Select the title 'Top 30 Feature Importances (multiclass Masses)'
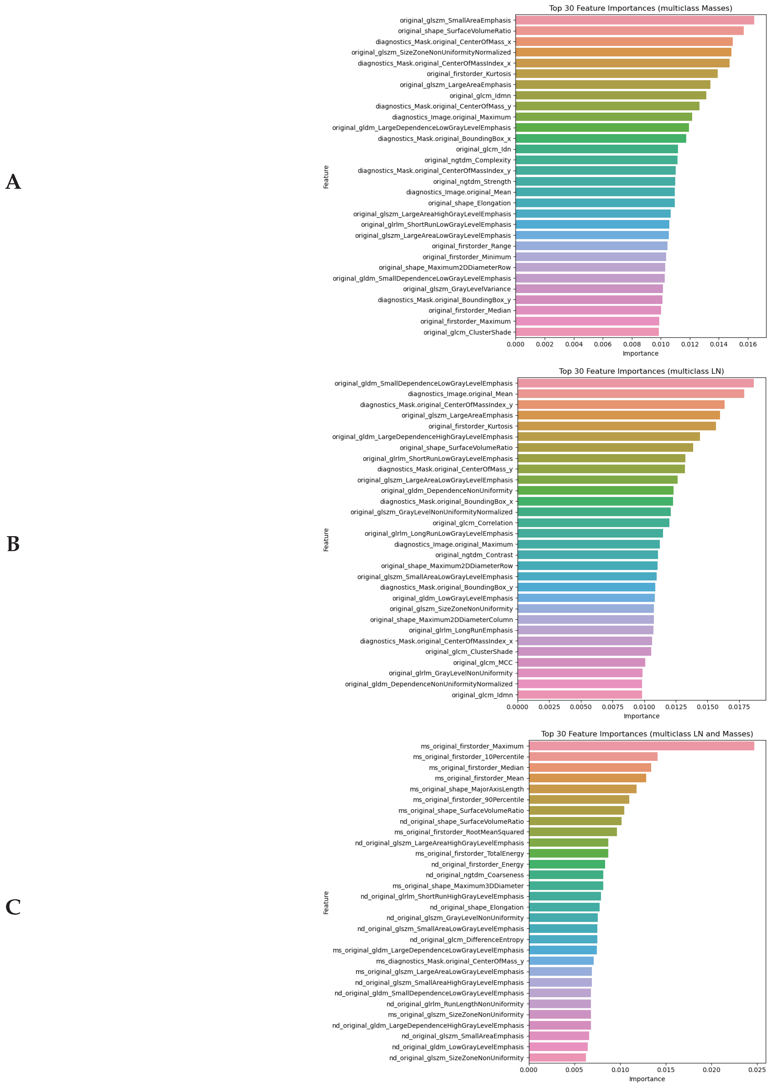(x=640, y=8)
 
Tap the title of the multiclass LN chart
(x=641, y=371)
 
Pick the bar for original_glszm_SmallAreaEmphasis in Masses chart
(x=634, y=20)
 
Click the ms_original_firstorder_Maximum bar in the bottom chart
(x=641, y=746)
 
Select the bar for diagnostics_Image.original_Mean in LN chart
(x=631, y=394)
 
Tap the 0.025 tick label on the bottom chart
(x=757, y=1070)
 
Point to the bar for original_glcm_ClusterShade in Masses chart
(x=587, y=332)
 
